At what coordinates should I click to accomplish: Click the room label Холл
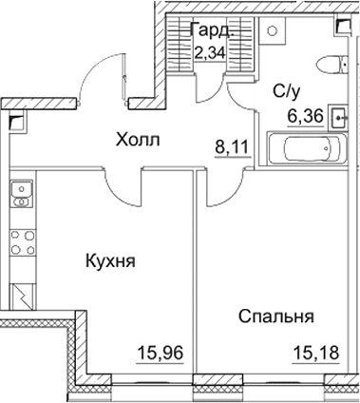[x=138, y=141]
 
